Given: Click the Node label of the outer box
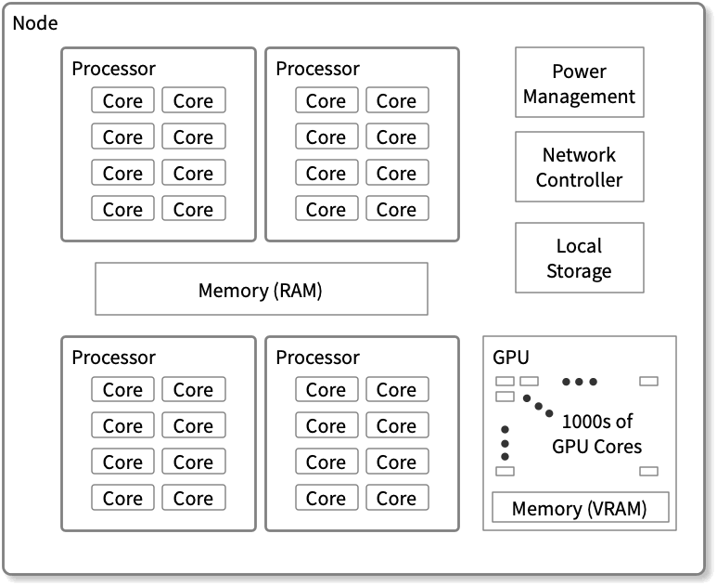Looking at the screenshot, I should tap(35, 23).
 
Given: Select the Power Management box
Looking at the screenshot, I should tap(579, 83).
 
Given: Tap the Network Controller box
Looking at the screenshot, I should tap(579, 167).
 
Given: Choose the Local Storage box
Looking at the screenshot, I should tap(579, 258).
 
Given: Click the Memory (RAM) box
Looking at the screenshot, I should tap(261, 290).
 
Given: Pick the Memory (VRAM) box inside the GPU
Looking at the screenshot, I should tap(579, 508).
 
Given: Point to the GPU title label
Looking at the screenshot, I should tap(511, 358).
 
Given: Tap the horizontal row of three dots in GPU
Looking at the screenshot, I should tap(579, 382).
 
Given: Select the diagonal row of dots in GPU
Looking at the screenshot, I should tap(538, 407).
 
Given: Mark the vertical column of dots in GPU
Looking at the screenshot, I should tap(505, 443).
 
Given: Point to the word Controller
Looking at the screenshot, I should tap(579, 180).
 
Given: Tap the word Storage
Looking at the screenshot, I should tap(579, 271).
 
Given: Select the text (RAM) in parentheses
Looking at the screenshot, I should tap(298, 291).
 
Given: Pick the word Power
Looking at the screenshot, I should tap(579, 71).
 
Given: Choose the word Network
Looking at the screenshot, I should tap(579, 155).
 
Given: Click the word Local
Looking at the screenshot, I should tap(579, 246).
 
